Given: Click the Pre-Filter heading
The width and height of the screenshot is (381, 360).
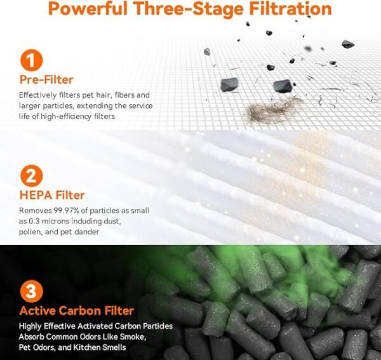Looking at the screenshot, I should pyautogui.click(x=46, y=81).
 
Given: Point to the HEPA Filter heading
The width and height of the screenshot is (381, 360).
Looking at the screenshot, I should pyautogui.click(x=51, y=195).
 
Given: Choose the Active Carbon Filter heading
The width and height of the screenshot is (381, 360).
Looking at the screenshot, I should pyautogui.click(x=76, y=310).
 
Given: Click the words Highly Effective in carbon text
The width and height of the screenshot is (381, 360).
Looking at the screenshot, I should pyautogui.click(x=51, y=326).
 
